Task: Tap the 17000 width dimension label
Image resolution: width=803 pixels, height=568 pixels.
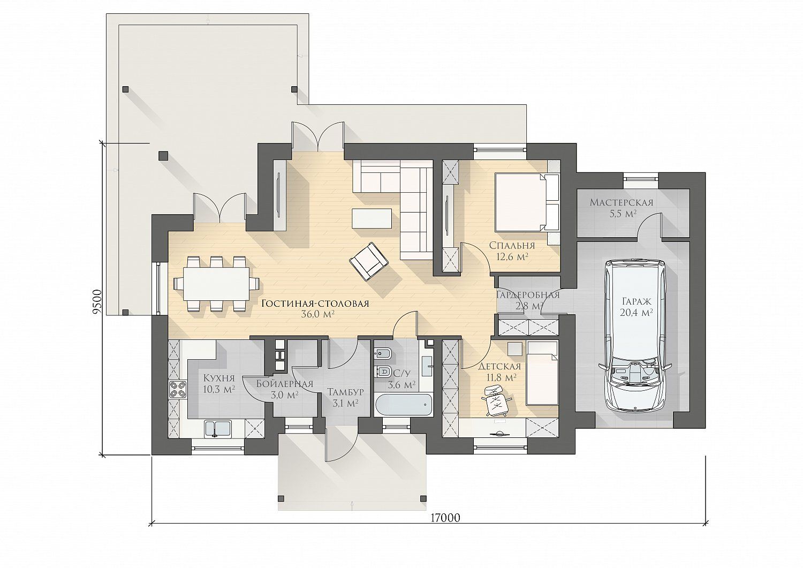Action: point(445,518)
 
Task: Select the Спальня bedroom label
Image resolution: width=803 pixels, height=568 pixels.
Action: point(512,246)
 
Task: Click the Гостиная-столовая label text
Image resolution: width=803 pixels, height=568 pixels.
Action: point(315,304)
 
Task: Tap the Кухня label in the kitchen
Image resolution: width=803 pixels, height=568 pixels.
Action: point(218,378)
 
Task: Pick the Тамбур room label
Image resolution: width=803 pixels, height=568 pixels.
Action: point(346,391)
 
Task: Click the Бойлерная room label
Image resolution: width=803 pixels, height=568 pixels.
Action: point(285,384)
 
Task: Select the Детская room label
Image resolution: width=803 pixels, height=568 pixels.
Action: point(499,367)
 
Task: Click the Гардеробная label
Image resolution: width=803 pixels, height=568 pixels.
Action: point(528,295)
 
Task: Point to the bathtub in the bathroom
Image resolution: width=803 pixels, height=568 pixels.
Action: point(403,405)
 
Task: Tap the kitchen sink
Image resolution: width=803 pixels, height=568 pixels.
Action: point(217,429)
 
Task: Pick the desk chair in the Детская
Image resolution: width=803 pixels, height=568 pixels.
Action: point(496,399)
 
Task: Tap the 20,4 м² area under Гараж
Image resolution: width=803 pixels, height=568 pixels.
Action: point(637,313)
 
